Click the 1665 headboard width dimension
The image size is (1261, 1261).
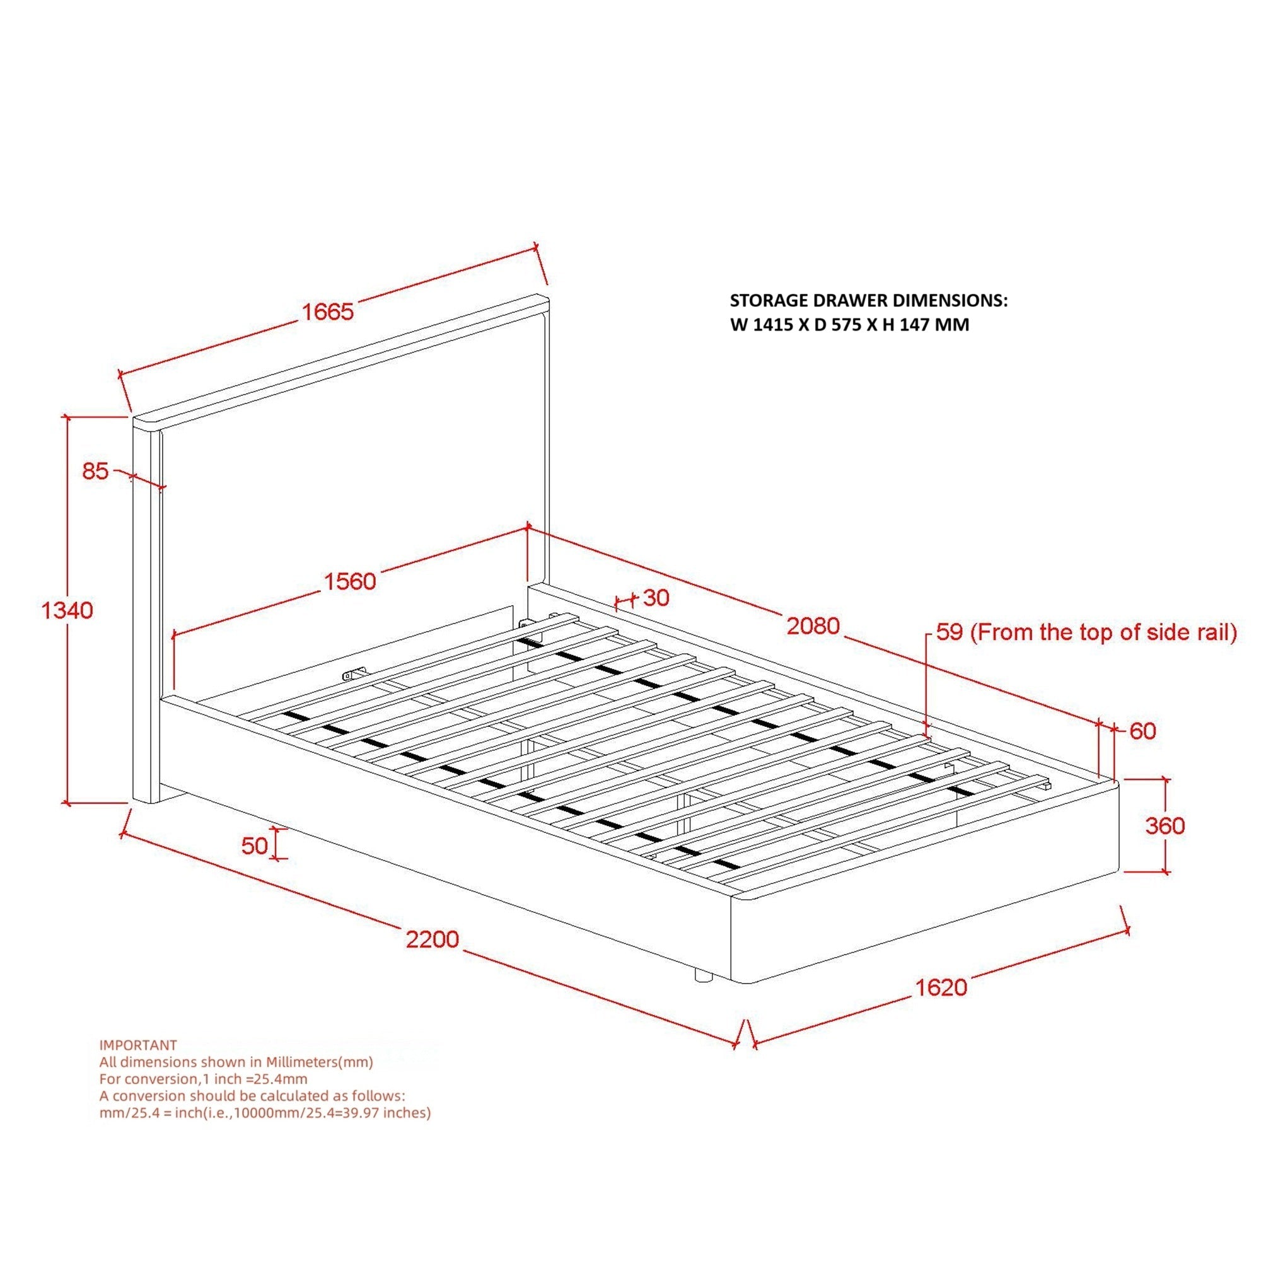click(x=327, y=311)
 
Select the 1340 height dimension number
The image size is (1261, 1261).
click(x=67, y=610)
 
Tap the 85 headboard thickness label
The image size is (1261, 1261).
click(x=95, y=470)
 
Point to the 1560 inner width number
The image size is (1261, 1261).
click(x=351, y=581)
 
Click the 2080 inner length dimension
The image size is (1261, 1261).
click(x=813, y=626)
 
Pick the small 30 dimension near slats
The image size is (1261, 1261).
click(x=656, y=598)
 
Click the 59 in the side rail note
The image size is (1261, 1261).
click(x=950, y=632)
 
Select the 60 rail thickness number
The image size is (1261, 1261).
click(x=1142, y=731)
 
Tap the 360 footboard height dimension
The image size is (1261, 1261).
click(x=1165, y=826)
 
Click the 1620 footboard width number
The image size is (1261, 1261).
click(x=941, y=987)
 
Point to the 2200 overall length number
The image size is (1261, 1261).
click(x=433, y=939)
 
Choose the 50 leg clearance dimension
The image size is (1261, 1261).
click(x=255, y=846)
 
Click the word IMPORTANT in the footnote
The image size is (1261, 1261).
click(x=137, y=1045)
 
